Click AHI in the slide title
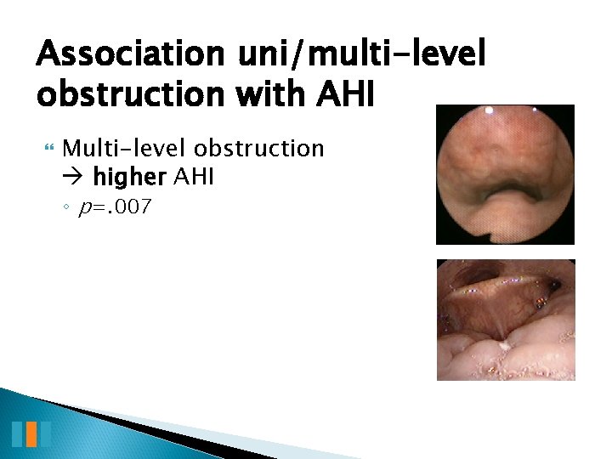pyautogui.click(x=344, y=94)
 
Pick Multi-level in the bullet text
pyautogui.click(x=125, y=149)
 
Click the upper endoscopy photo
pyautogui.click(x=505, y=174)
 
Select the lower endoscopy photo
pyautogui.click(x=506, y=320)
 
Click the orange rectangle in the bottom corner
pyautogui.click(x=31, y=433)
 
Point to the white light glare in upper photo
pyautogui.click(x=489, y=110)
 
